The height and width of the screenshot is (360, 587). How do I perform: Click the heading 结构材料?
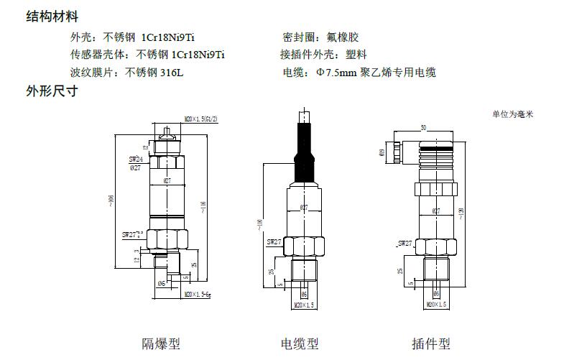click(x=52, y=17)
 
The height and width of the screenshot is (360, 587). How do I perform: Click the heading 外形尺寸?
click(x=52, y=91)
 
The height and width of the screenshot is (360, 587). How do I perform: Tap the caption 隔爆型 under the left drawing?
click(x=160, y=343)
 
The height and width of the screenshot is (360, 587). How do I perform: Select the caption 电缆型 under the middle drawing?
click(x=299, y=343)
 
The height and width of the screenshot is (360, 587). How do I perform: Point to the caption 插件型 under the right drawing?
click(x=430, y=343)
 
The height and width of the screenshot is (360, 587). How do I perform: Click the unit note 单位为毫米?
click(x=513, y=114)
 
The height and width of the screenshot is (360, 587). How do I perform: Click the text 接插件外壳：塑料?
click(x=323, y=55)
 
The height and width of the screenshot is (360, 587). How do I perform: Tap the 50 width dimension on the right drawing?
click(x=423, y=127)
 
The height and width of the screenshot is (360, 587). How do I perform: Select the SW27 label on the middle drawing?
click(x=275, y=242)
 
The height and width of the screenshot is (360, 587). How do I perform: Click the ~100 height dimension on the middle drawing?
click(x=260, y=223)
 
